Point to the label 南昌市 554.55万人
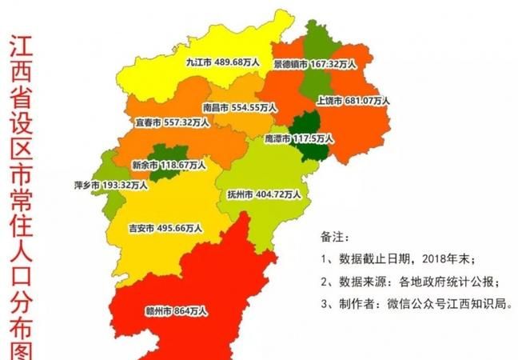(x=239, y=106)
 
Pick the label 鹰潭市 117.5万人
(x=298, y=138)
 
